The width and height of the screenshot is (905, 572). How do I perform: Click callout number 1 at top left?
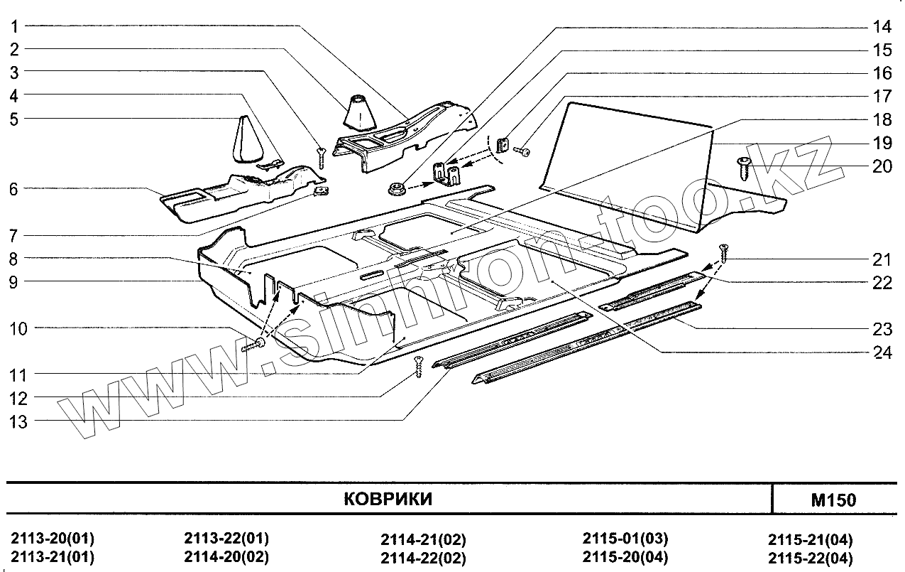click(x=14, y=26)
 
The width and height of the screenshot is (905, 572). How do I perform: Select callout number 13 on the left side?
click(x=18, y=421)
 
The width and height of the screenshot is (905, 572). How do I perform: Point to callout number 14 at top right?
click(x=882, y=28)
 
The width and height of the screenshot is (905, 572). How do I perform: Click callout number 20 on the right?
click(x=882, y=166)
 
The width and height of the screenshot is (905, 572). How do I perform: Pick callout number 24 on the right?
click(x=883, y=352)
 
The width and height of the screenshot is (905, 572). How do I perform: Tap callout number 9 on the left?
click(x=14, y=281)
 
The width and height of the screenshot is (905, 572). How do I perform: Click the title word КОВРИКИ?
click(x=388, y=499)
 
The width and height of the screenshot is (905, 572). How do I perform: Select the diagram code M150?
click(x=833, y=500)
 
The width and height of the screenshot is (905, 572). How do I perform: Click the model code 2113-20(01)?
click(x=53, y=537)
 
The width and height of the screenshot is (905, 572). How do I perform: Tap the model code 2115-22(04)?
click(x=811, y=557)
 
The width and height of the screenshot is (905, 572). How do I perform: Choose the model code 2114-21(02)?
click(x=423, y=539)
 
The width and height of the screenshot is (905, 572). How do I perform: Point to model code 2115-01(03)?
click(x=625, y=538)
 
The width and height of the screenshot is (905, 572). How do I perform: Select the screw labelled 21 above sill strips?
click(x=724, y=251)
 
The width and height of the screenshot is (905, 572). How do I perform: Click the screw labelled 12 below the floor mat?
click(x=419, y=365)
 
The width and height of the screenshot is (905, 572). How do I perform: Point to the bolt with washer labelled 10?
click(x=256, y=346)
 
